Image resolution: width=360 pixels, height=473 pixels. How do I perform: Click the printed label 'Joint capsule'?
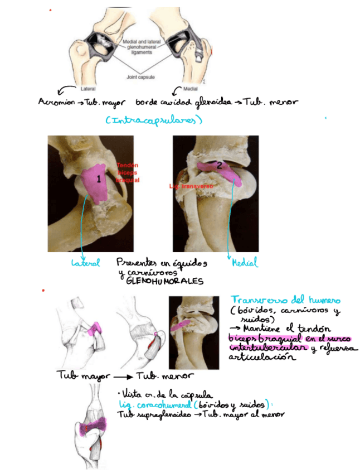coord(140,78)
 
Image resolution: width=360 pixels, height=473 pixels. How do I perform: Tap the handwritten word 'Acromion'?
coord(55,103)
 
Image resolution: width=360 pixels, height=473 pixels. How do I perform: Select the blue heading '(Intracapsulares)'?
coord(153,120)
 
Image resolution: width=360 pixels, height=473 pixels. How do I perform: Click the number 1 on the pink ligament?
coord(99,180)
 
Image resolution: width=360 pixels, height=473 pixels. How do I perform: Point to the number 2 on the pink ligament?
coord(219,165)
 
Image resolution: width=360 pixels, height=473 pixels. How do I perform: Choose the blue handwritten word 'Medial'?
coord(245,263)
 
